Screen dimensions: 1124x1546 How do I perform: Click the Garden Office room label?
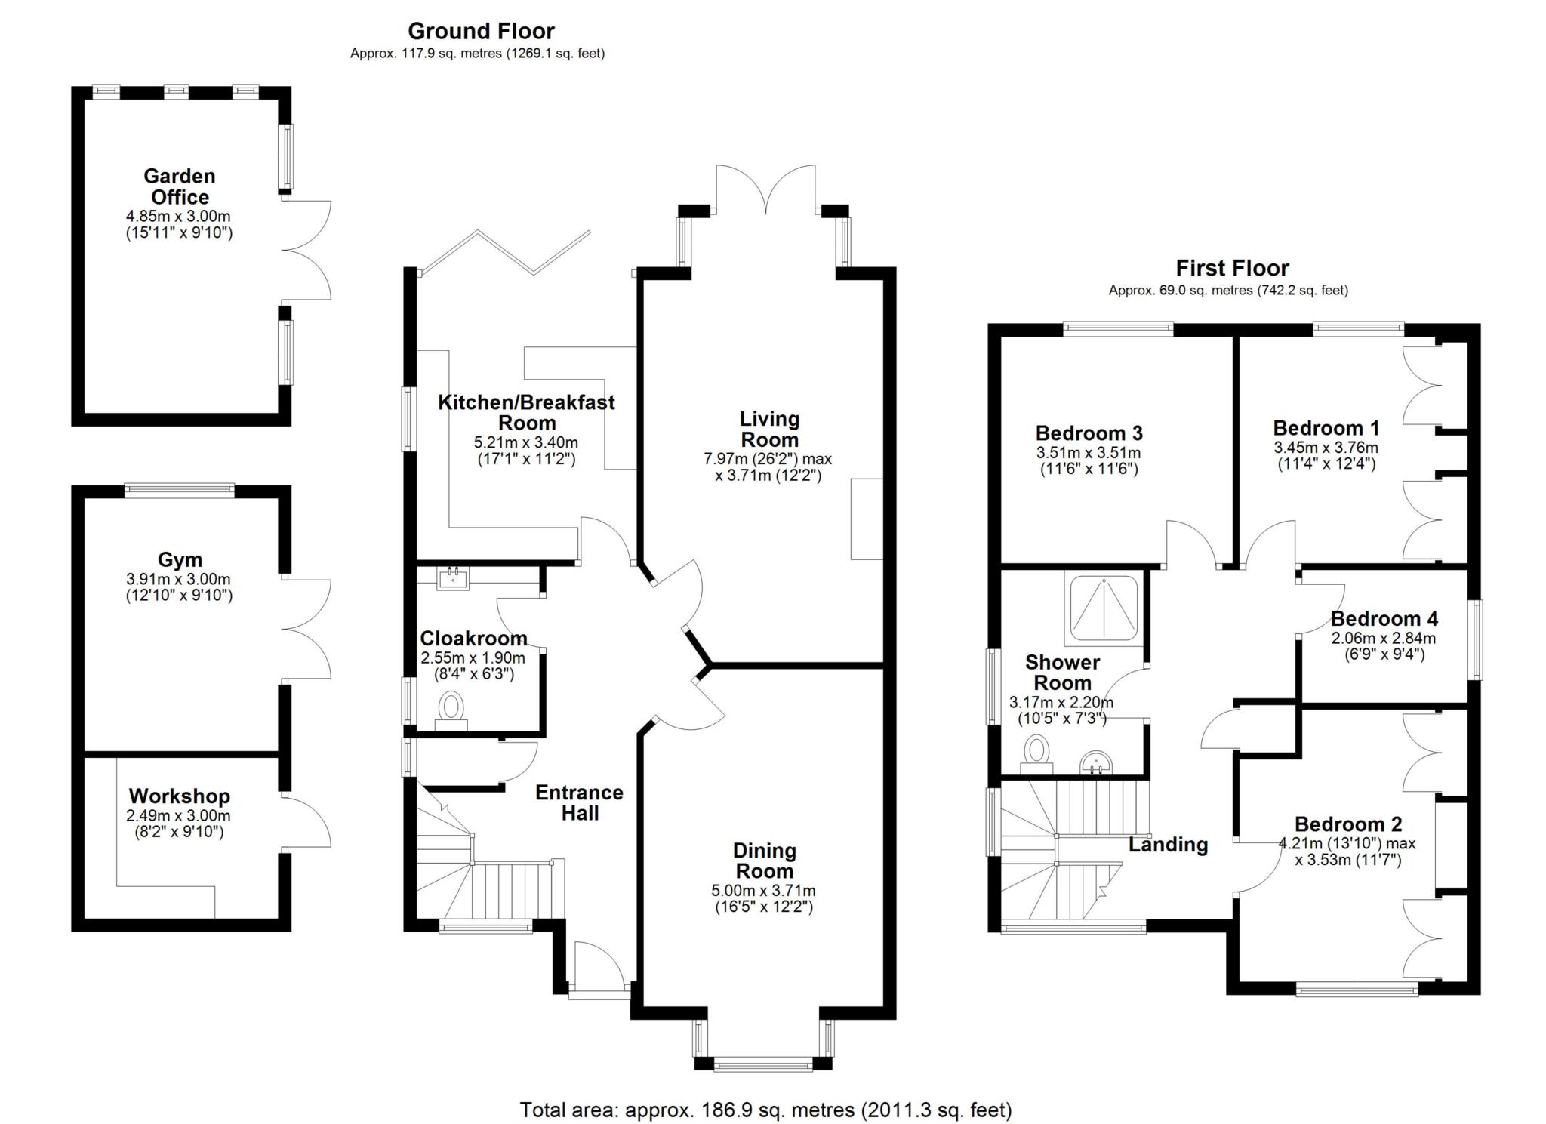point(179,186)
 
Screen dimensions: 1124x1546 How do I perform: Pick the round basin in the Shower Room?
point(1094,762)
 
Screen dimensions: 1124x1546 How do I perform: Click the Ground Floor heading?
point(481,31)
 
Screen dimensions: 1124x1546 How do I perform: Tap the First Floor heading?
point(1232,268)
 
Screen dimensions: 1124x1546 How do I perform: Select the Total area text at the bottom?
point(765,1110)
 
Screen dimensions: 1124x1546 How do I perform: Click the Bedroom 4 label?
point(1384,619)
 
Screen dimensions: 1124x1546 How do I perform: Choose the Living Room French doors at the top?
point(765,189)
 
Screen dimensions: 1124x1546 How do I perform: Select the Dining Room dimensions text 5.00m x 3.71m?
point(763,891)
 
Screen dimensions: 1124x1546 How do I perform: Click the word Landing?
point(1168,845)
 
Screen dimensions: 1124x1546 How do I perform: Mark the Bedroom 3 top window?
point(1118,328)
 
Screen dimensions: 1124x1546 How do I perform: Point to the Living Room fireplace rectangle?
point(867,519)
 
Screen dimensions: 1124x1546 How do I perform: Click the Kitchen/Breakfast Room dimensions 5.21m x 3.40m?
point(525,442)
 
